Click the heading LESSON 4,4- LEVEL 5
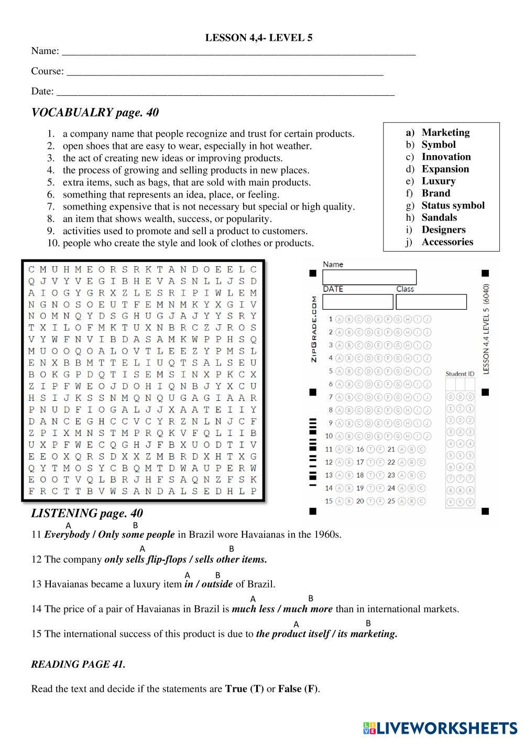tap(259, 38)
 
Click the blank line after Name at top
tap(238, 51)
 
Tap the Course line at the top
tap(225, 72)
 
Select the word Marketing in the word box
tap(445, 133)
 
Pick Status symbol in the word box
tap(453, 205)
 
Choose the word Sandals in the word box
tap(439, 217)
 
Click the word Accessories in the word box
tap(447, 242)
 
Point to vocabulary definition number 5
tap(187, 182)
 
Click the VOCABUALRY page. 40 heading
tap(95, 113)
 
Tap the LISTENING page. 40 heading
tap(87, 514)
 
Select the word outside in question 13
tap(217, 584)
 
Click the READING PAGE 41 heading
tap(78, 664)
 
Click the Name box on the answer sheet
tap(369, 277)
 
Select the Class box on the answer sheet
tap(431, 302)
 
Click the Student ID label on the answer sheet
tap(460, 374)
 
